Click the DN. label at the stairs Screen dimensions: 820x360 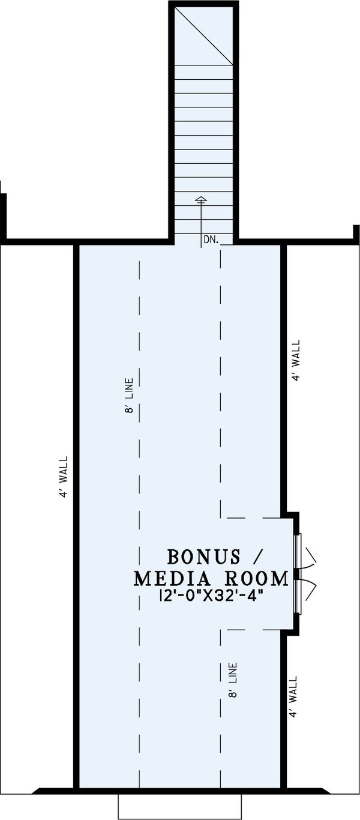click(209, 239)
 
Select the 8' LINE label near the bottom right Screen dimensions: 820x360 click(233, 680)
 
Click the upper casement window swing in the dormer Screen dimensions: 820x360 click(311, 558)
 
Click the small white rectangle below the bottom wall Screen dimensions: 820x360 click(179, 806)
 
